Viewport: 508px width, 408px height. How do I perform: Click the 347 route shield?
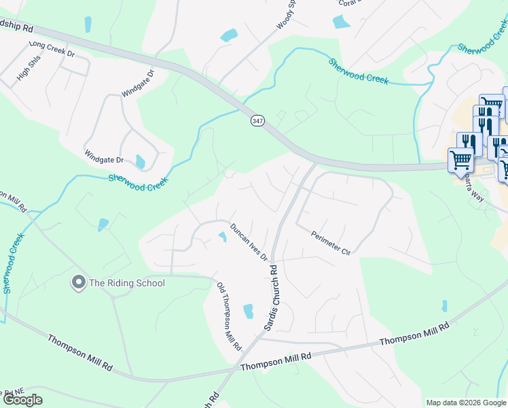(x=257, y=120)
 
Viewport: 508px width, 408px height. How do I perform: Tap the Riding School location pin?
(x=78, y=282)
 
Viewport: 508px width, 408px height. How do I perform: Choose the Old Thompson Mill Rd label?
(x=229, y=316)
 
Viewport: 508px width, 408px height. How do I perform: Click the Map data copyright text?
(x=466, y=403)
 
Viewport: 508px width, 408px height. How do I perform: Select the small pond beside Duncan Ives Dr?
(x=222, y=237)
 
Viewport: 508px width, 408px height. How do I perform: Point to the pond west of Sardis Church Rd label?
(x=248, y=311)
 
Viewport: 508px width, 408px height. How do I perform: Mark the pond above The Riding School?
(x=103, y=224)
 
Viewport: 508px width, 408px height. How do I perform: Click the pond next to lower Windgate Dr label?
(x=140, y=162)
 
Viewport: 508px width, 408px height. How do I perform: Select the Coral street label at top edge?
(x=347, y=3)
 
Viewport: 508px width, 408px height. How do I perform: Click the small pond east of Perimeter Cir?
(x=444, y=306)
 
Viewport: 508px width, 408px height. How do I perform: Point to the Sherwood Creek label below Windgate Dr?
(x=138, y=182)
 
